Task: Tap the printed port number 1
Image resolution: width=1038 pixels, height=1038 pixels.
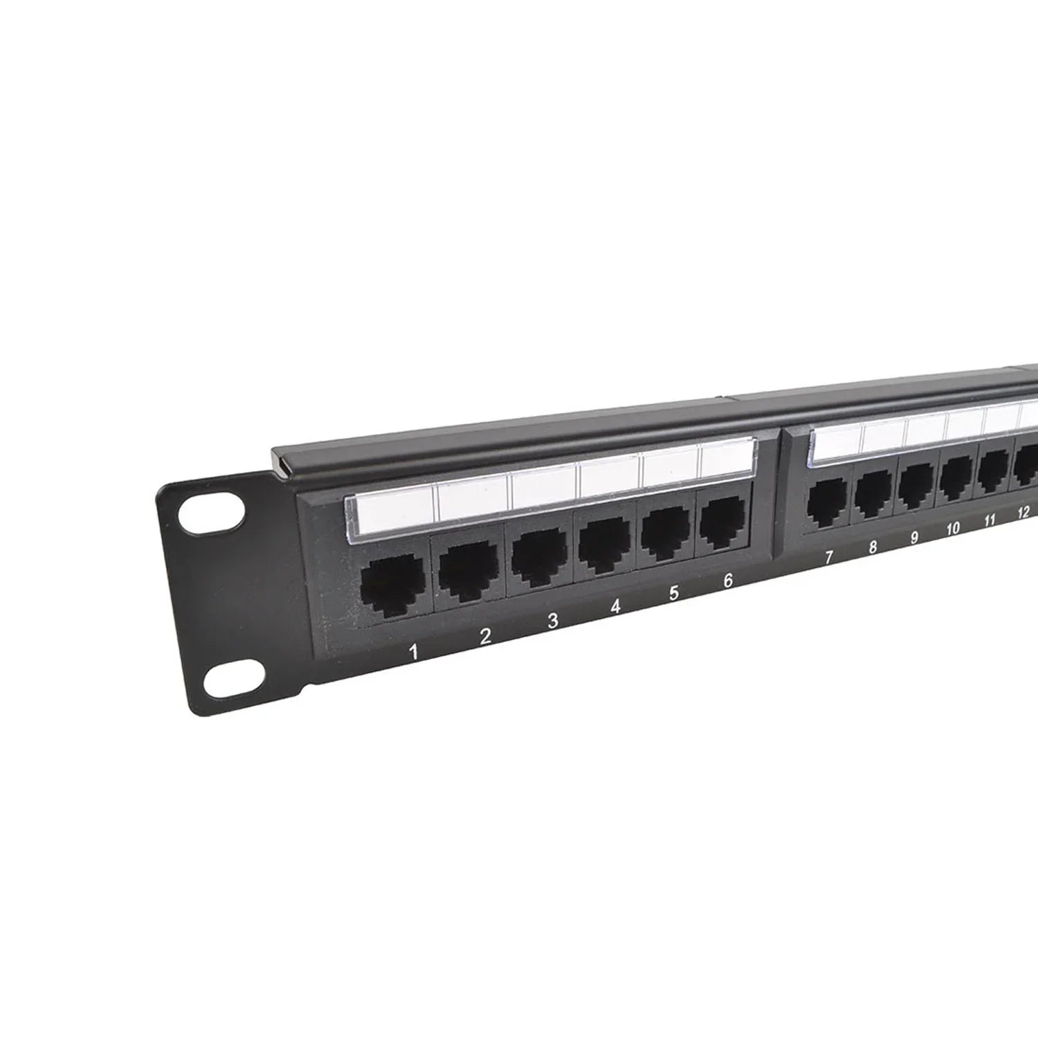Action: click(414, 651)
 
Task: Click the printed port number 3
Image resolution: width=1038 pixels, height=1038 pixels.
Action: click(552, 621)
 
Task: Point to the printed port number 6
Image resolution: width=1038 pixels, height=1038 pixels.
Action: click(727, 581)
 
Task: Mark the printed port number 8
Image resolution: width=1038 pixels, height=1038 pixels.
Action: click(873, 547)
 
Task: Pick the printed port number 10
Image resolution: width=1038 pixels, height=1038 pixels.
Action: click(953, 528)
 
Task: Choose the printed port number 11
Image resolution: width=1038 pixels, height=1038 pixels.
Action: click(990, 520)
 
